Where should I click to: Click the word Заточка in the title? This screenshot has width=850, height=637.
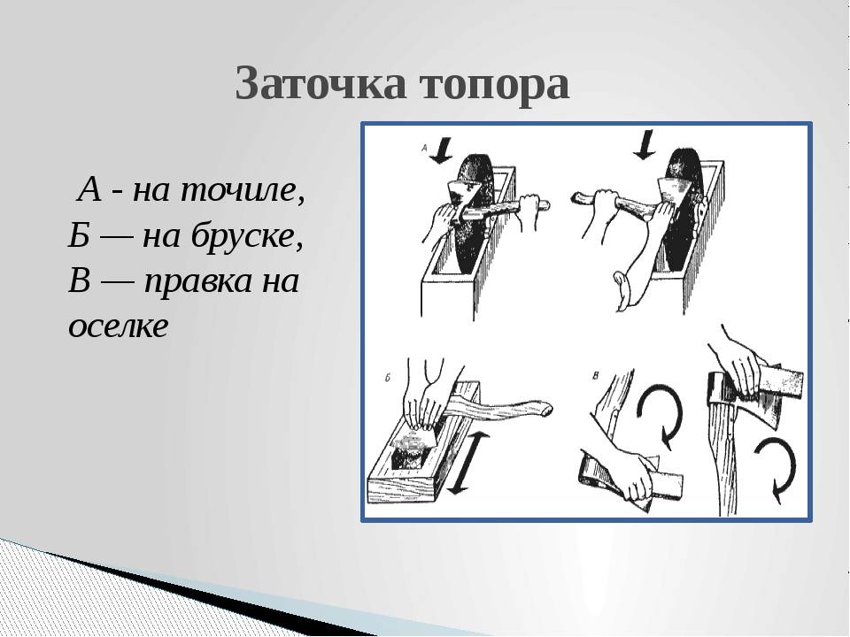click(321, 83)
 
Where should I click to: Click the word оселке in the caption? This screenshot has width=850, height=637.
click(119, 326)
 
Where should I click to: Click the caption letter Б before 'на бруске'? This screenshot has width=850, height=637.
click(79, 235)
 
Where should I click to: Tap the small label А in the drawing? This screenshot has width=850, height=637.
click(425, 146)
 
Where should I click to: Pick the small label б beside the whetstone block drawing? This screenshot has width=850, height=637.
click(388, 378)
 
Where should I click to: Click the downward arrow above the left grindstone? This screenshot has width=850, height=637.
click(443, 150)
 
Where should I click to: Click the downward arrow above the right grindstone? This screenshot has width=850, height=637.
click(644, 144)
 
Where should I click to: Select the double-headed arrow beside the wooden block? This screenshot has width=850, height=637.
click(467, 463)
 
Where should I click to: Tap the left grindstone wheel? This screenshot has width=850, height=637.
click(474, 216)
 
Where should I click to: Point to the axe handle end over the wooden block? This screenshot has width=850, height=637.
click(544, 409)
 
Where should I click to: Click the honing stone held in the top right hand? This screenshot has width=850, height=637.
click(781, 380)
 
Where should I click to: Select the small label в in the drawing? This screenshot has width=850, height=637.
click(596, 376)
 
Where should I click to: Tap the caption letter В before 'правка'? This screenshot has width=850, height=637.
click(79, 281)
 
